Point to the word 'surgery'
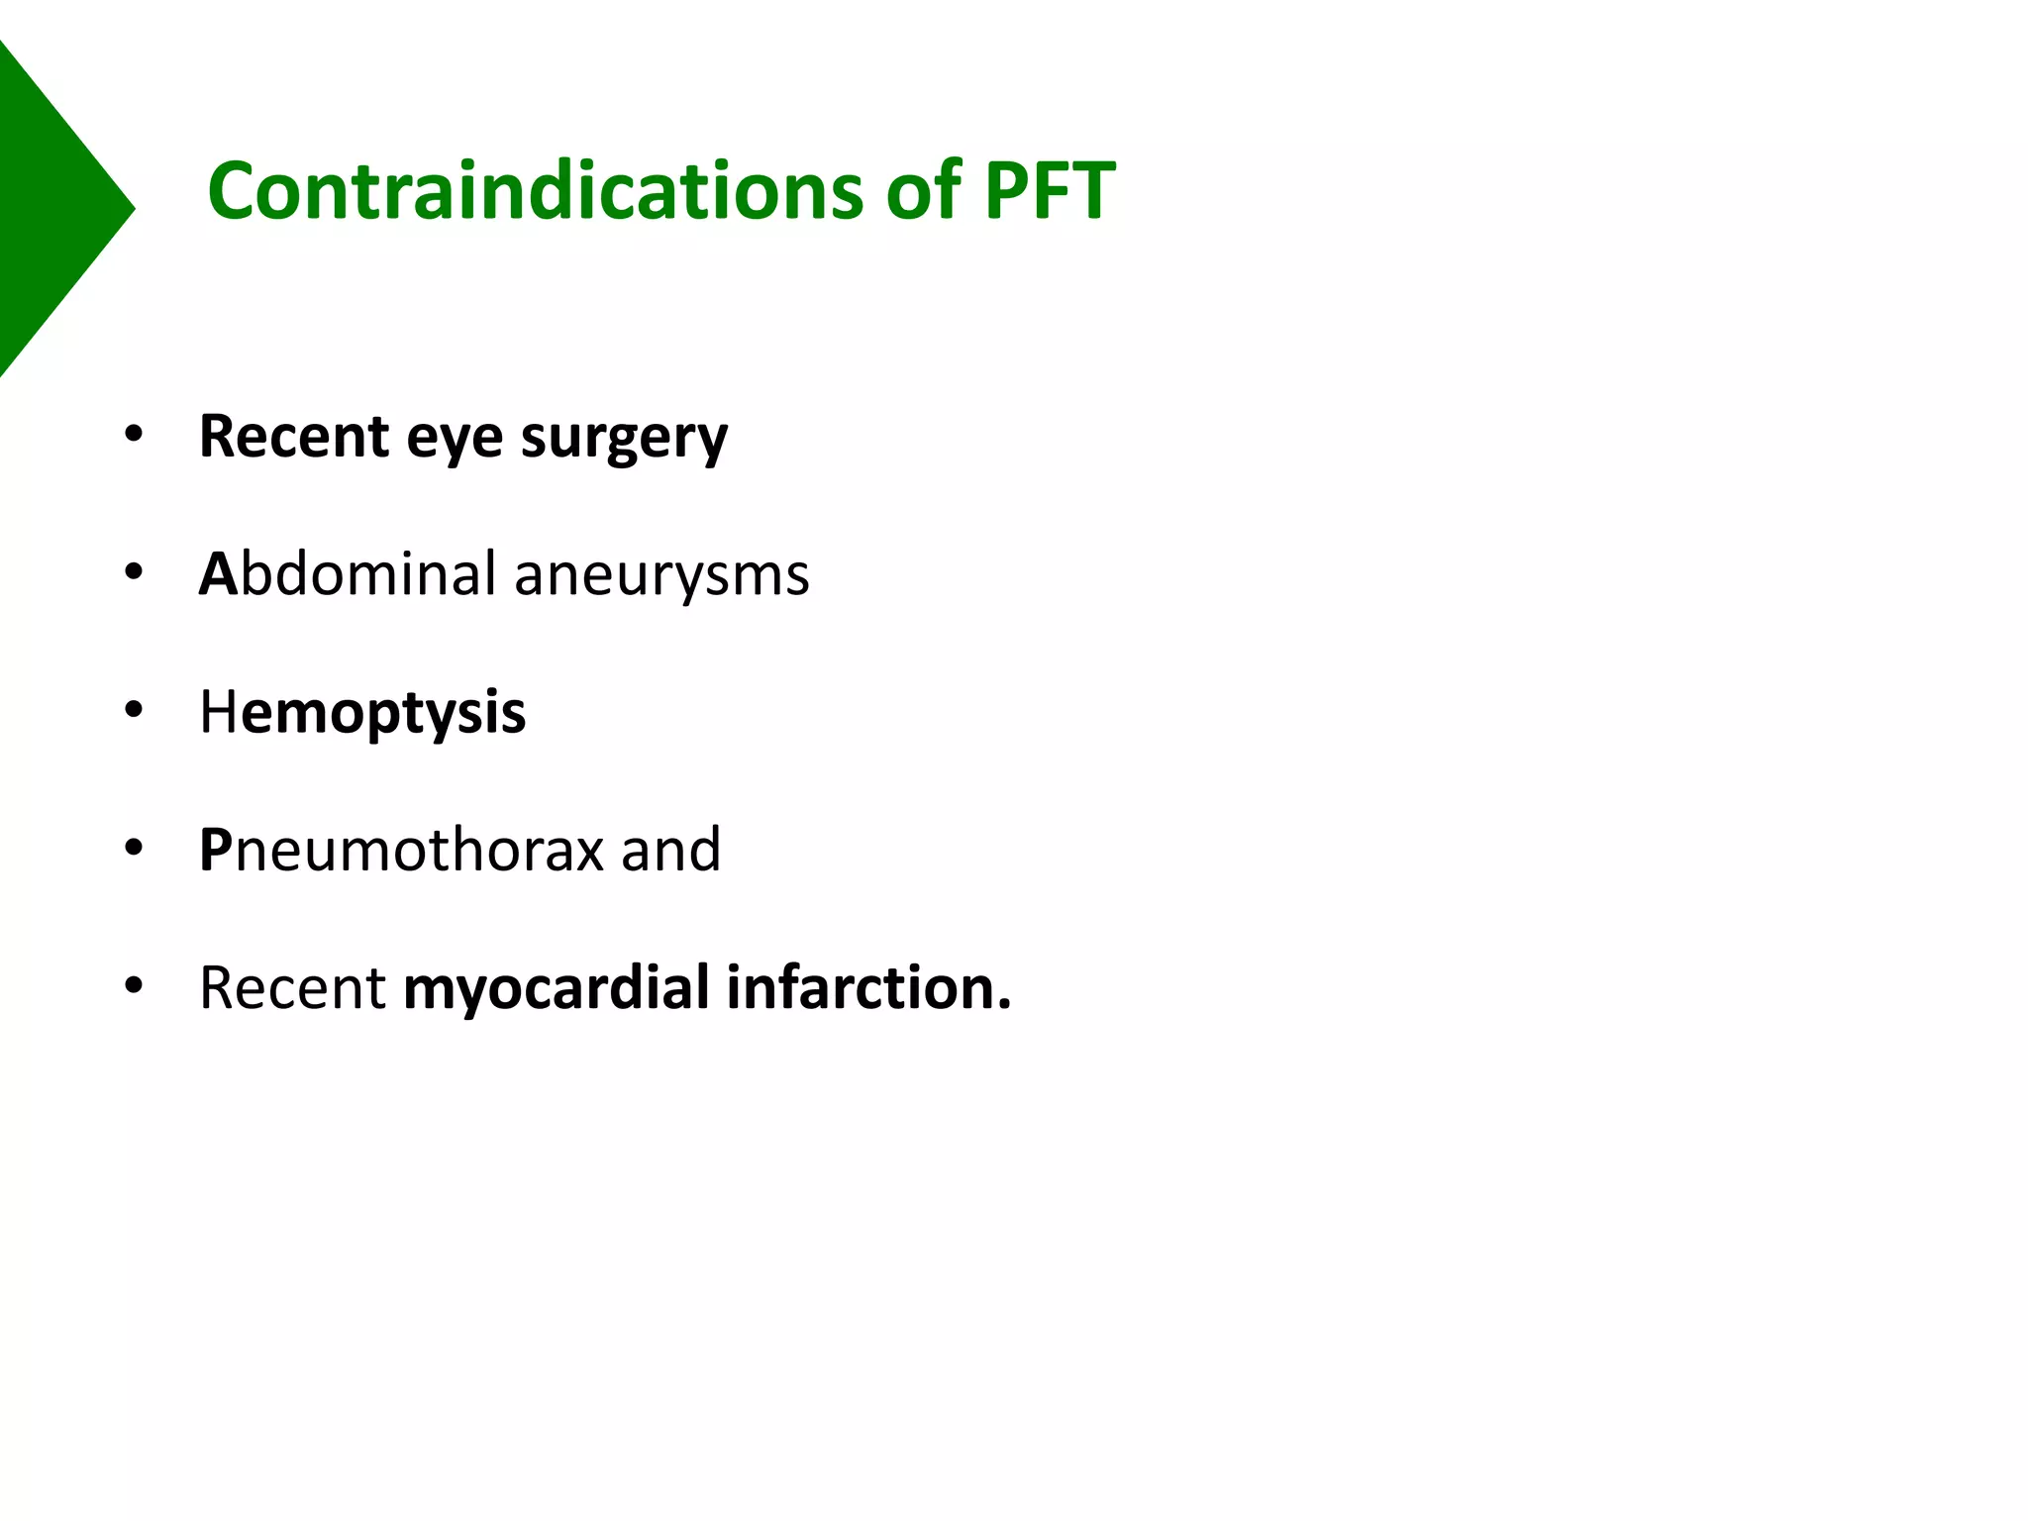(x=624, y=438)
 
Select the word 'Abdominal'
(x=348, y=573)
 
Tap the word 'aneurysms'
(x=661, y=573)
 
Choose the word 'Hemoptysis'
(x=362, y=712)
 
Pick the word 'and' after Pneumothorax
(x=670, y=850)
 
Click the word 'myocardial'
(x=557, y=987)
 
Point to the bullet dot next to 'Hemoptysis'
(x=134, y=710)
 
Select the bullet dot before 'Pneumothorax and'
(x=134, y=848)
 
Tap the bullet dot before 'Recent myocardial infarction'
(x=134, y=985)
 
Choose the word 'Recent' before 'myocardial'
(x=292, y=987)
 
